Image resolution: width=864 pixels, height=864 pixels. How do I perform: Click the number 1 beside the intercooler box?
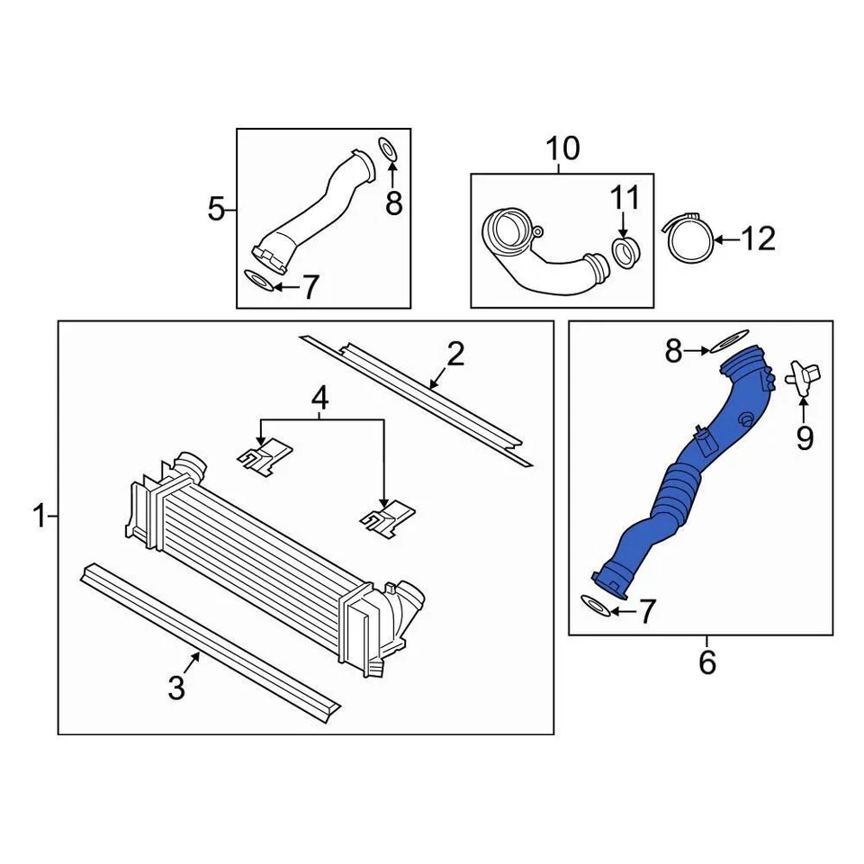pos(39,517)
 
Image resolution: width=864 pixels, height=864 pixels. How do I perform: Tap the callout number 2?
pos(455,355)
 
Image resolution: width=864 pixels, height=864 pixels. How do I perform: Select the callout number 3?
pos(176,689)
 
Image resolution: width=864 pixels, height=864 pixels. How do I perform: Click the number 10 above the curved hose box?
pos(562,148)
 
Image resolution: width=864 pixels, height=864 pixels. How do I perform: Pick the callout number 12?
pos(759,238)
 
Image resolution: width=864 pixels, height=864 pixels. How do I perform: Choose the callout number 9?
pos(804,438)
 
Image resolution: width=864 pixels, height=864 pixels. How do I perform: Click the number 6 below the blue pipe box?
pos(707,663)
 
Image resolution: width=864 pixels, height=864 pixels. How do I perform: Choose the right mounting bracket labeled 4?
pos(387,517)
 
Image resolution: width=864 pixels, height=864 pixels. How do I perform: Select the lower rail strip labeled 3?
pos(207,639)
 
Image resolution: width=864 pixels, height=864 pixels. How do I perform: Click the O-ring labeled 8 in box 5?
pos(387,149)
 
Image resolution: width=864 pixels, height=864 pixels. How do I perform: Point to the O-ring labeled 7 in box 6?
pos(597,606)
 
